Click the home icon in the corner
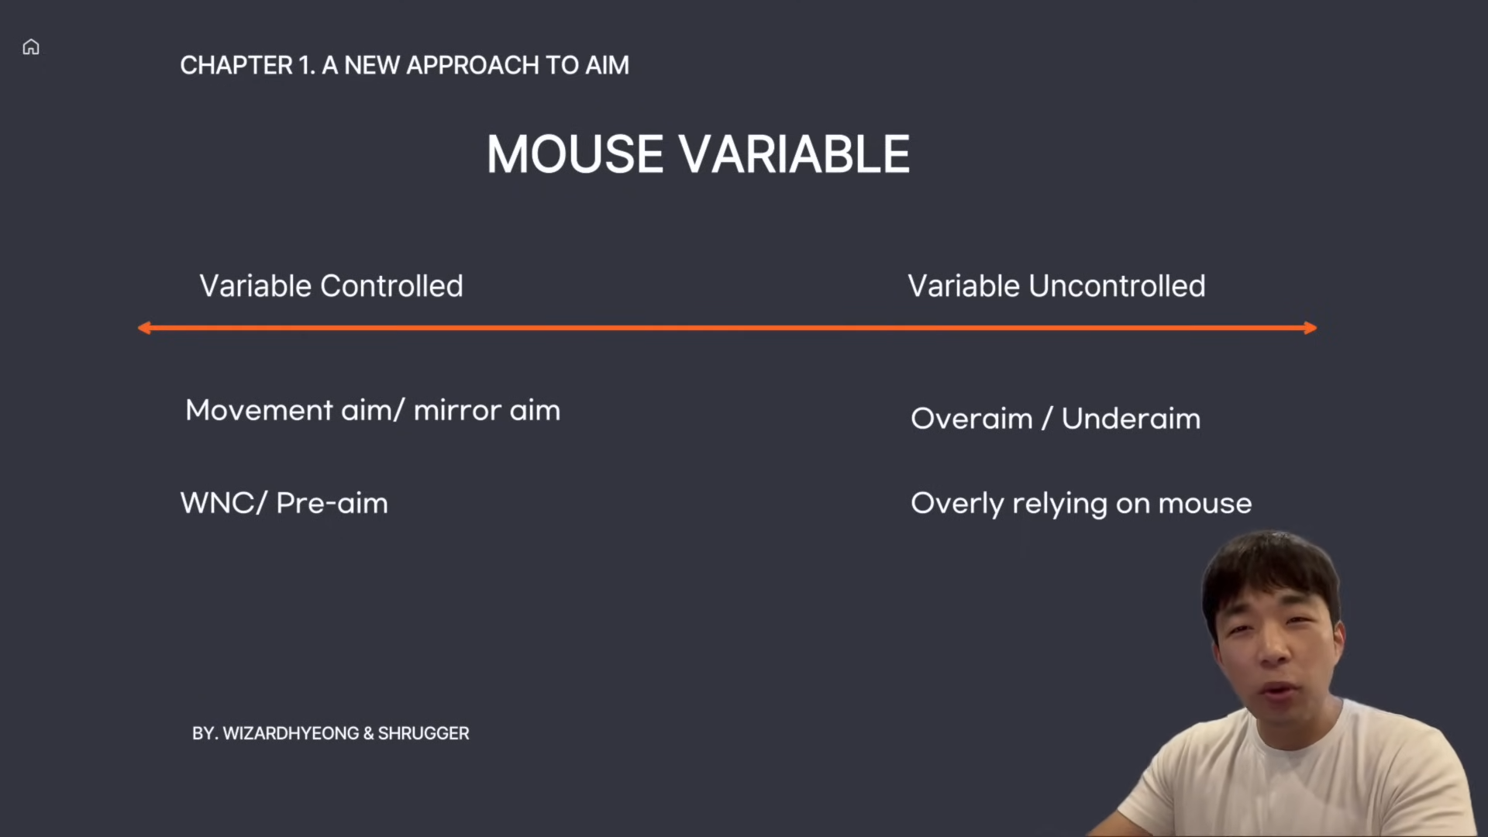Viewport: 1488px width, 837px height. click(31, 47)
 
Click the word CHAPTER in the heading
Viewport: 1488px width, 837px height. click(236, 65)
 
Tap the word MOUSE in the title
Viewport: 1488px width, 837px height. click(575, 154)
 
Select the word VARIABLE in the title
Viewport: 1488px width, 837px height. click(795, 154)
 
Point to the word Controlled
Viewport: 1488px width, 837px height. click(391, 286)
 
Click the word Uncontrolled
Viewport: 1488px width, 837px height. click(1117, 286)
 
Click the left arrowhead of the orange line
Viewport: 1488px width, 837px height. click(144, 328)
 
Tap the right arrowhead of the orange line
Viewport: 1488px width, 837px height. click(1311, 328)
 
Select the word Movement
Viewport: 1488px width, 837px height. click(259, 410)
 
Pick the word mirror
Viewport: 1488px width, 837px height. click(457, 411)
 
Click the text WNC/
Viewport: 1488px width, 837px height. click(223, 503)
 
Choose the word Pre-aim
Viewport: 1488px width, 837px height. click(332, 504)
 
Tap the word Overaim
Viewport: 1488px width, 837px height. click(972, 418)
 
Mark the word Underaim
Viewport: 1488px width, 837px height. click(1131, 418)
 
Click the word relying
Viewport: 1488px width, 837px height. click(1060, 505)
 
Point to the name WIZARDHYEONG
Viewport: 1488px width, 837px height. click(291, 733)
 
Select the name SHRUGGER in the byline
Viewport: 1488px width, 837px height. click(423, 733)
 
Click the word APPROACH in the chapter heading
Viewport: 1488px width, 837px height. click(473, 65)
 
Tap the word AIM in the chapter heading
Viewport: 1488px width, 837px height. click(607, 65)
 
